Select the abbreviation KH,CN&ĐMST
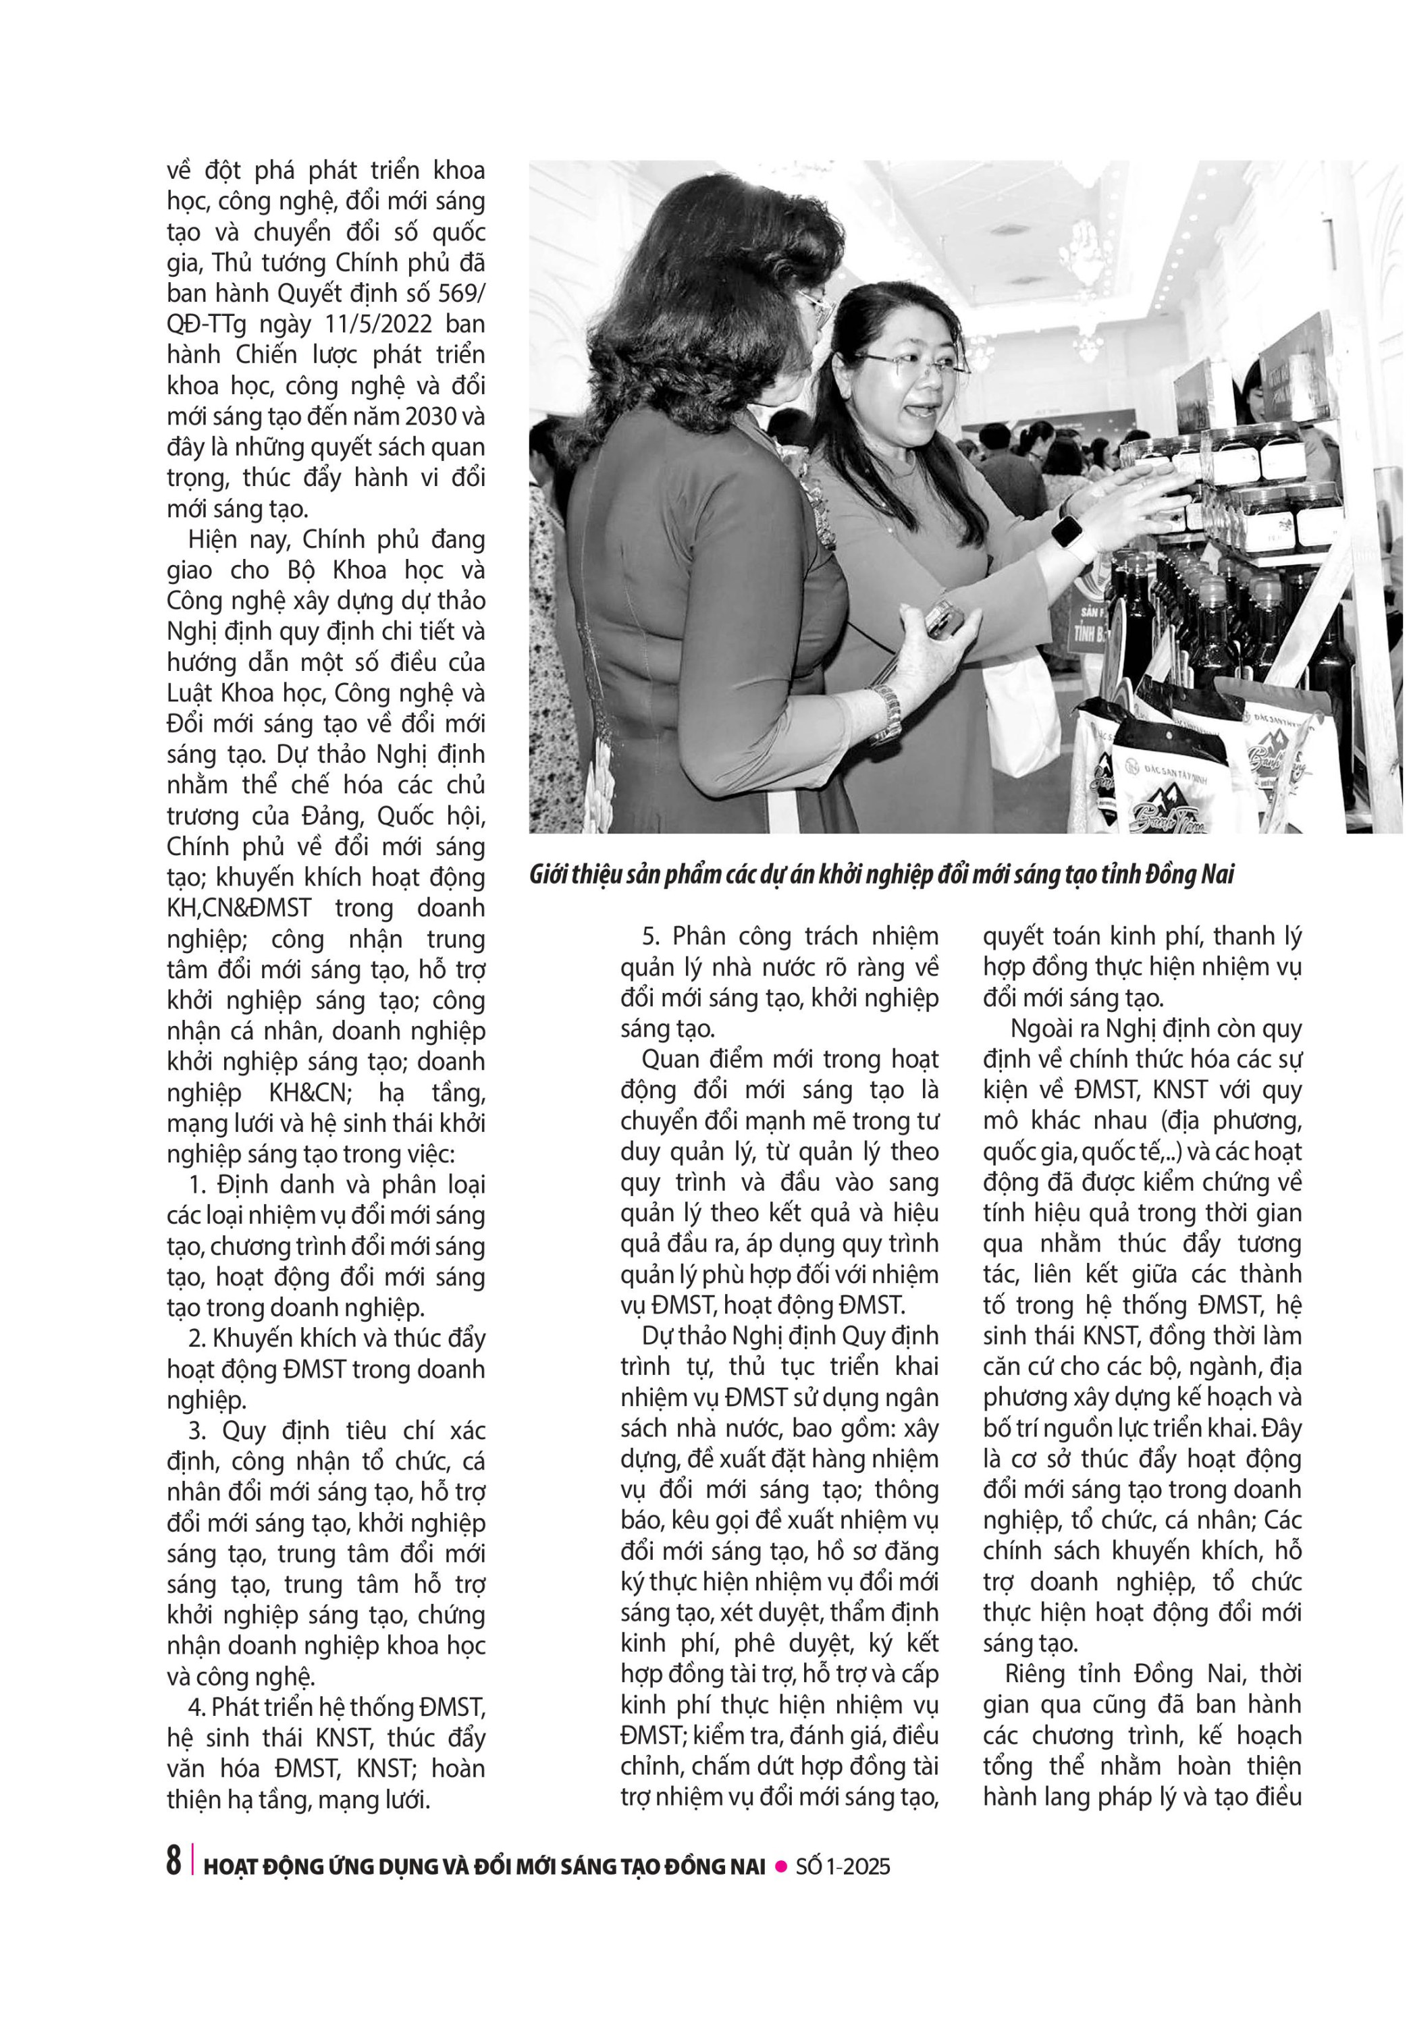click(x=239, y=908)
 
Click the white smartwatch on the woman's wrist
click(x=1065, y=532)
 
